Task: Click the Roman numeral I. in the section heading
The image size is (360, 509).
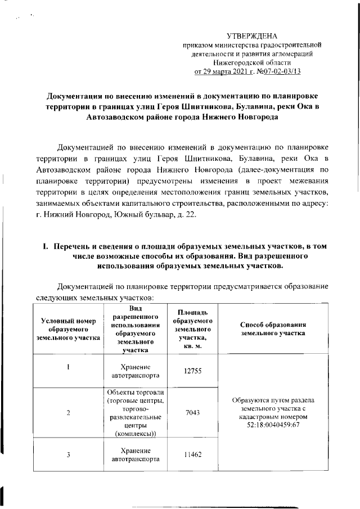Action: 40,247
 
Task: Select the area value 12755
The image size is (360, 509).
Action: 193,371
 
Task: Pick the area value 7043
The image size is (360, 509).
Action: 193,413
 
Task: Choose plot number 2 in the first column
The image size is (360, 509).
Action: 68,413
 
